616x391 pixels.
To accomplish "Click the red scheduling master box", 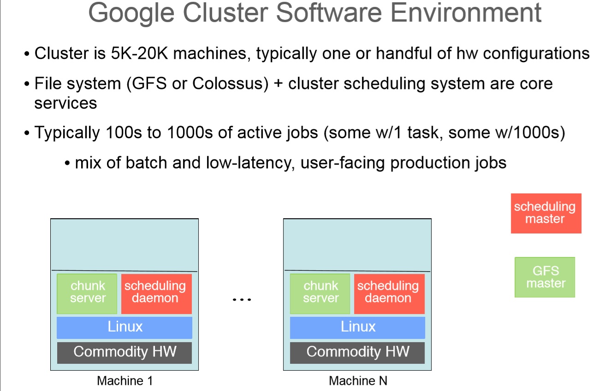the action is (546, 213).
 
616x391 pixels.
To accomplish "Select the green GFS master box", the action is (545, 277).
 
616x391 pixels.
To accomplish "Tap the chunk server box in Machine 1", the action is (87, 293).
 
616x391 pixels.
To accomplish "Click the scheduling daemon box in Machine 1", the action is (156, 293).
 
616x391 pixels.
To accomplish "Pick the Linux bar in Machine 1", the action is (124, 327).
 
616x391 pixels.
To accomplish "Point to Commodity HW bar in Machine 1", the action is (124, 352).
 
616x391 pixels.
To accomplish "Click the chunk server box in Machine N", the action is (320, 293).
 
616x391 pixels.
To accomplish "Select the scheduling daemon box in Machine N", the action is (390, 293).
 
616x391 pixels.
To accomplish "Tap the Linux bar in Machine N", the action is (357, 327).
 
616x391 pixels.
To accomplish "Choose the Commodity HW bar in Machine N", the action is (357, 352).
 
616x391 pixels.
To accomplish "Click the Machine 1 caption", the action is (124, 381).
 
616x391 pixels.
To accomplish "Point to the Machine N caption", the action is (358, 381).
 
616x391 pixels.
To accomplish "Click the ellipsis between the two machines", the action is (242, 299).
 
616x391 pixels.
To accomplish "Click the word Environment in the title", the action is (466, 12).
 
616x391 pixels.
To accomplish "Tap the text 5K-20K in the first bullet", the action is (139, 53).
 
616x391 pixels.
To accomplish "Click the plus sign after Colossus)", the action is (278, 84).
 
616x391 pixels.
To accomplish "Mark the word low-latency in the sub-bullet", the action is (249, 163).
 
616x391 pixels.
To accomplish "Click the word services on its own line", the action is (66, 103).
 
